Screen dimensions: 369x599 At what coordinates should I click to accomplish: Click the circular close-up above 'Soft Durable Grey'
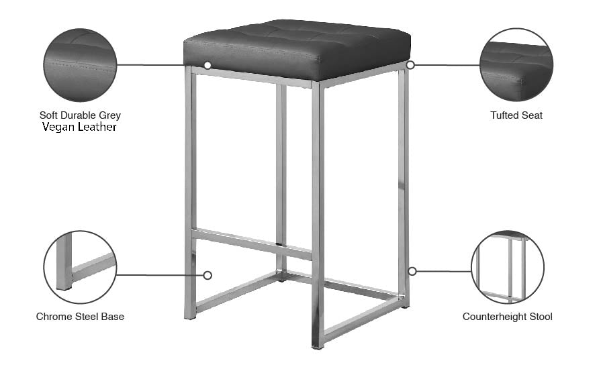click(x=80, y=65)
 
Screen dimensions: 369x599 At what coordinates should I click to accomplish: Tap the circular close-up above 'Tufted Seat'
click(x=516, y=65)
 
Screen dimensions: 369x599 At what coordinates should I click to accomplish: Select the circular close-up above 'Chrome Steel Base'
click(x=80, y=267)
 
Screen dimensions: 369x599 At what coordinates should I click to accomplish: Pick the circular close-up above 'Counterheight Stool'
click(x=508, y=267)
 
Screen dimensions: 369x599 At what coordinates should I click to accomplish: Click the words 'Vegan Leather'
click(x=79, y=127)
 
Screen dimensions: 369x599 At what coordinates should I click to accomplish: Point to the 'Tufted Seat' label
click(x=516, y=115)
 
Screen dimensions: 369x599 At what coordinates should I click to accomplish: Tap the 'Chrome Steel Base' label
click(x=80, y=316)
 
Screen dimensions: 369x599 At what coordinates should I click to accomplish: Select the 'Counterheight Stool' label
click(x=507, y=316)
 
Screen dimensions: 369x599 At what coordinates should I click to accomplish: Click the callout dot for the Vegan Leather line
click(x=208, y=65)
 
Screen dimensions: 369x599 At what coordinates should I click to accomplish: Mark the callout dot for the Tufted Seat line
click(x=410, y=65)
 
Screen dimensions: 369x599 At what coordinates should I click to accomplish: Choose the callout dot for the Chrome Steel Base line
click(x=208, y=275)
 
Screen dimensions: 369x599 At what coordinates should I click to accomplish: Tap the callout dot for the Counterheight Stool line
click(x=412, y=271)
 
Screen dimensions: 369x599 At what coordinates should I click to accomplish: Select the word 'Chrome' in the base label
click(x=52, y=316)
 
